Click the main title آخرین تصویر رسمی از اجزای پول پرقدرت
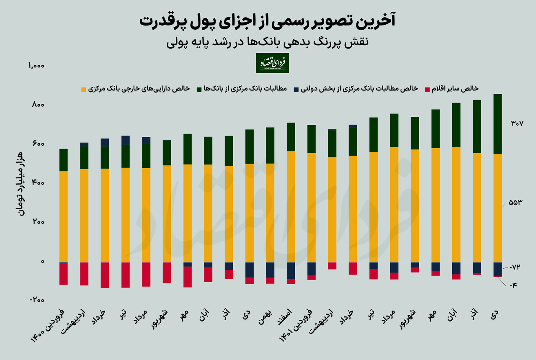tap(268, 21)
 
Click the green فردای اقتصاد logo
tap(273, 63)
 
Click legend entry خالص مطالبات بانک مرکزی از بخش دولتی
tap(359, 89)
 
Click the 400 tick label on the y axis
tap(39, 183)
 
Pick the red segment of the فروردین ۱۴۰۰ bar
tap(64, 273)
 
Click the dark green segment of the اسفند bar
tap(291, 137)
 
